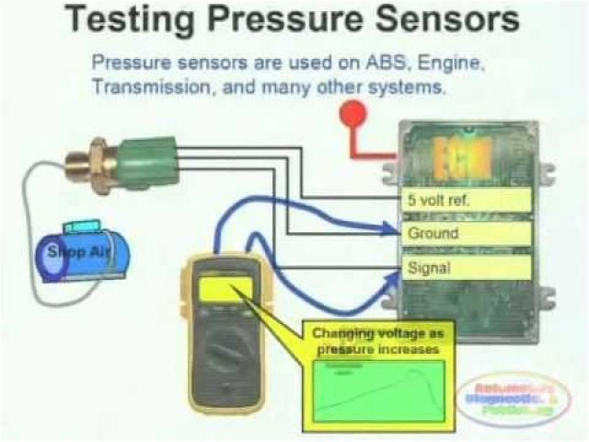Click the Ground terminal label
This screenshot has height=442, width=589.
pos(433,234)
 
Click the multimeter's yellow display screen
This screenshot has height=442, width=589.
pos(224,290)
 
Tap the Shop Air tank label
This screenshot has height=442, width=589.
pos(82,252)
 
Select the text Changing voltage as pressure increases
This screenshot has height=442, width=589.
pos(376,342)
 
